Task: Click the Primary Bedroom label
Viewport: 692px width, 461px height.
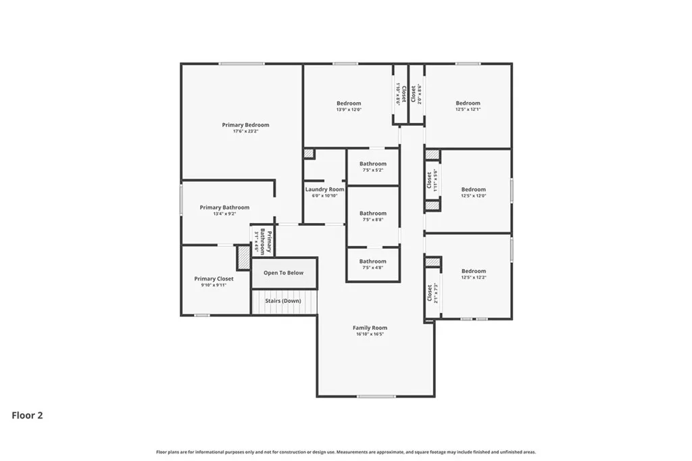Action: (245, 125)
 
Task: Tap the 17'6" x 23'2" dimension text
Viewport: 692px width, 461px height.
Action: (245, 131)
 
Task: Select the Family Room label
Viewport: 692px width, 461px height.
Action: (370, 328)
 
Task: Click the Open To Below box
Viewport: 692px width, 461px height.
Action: (284, 273)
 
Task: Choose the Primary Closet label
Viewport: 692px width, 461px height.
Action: (214, 278)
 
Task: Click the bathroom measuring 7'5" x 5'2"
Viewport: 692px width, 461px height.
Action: (373, 166)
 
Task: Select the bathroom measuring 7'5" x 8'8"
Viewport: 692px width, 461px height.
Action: (373, 216)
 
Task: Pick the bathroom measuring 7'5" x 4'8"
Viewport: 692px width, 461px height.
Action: (373, 264)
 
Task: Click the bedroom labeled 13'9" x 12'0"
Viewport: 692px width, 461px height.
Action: (349, 106)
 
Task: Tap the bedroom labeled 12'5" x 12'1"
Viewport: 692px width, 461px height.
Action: (468, 106)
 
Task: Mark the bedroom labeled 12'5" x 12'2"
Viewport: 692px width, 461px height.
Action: (473, 274)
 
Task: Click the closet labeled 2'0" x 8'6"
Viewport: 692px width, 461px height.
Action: (416, 94)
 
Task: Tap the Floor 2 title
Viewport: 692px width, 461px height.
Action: (28, 416)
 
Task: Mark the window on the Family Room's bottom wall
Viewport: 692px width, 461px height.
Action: (376, 397)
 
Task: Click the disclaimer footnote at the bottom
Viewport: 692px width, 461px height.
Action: (346, 452)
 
